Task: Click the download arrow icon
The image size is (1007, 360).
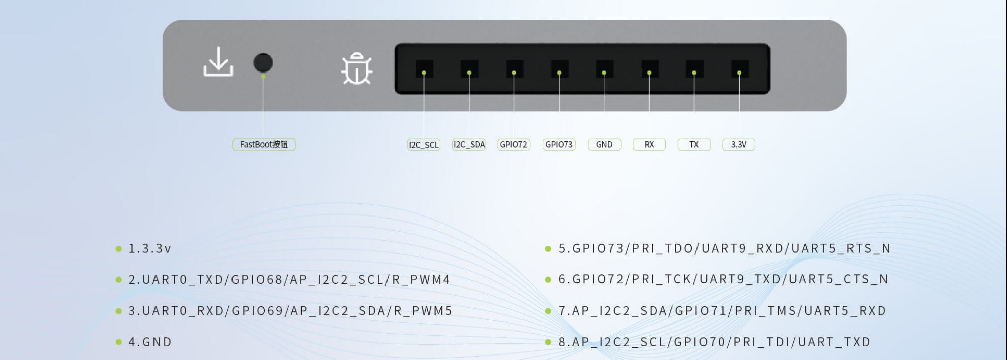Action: pyautogui.click(x=218, y=62)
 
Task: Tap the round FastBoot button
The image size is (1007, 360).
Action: pyautogui.click(x=263, y=63)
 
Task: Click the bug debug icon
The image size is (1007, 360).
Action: pyautogui.click(x=357, y=68)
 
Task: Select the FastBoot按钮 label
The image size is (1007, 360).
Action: pyautogui.click(x=264, y=145)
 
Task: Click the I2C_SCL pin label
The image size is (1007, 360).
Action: pyautogui.click(x=424, y=145)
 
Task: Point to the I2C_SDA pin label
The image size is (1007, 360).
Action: pyautogui.click(x=469, y=145)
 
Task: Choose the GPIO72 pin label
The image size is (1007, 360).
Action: pyautogui.click(x=513, y=145)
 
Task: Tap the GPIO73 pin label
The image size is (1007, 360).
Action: pyautogui.click(x=559, y=145)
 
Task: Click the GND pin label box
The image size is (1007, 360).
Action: pyautogui.click(x=604, y=145)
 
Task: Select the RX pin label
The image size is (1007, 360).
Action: pyautogui.click(x=649, y=145)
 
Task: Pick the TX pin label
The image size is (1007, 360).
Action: pyautogui.click(x=694, y=145)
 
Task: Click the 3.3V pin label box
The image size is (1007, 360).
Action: pyautogui.click(x=739, y=145)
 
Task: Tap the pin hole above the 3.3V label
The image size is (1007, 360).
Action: pyautogui.click(x=739, y=69)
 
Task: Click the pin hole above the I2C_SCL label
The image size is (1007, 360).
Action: pyautogui.click(x=424, y=69)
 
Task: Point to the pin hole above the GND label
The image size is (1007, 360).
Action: pyautogui.click(x=604, y=69)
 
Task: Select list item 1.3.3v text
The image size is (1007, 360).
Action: pyautogui.click(x=149, y=249)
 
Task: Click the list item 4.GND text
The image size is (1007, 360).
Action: pyautogui.click(x=150, y=342)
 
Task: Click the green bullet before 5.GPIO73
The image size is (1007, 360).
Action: pyautogui.click(x=548, y=249)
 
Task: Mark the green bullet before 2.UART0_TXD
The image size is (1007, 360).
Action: pyautogui.click(x=119, y=280)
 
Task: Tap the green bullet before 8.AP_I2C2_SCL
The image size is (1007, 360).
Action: pyautogui.click(x=548, y=342)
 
